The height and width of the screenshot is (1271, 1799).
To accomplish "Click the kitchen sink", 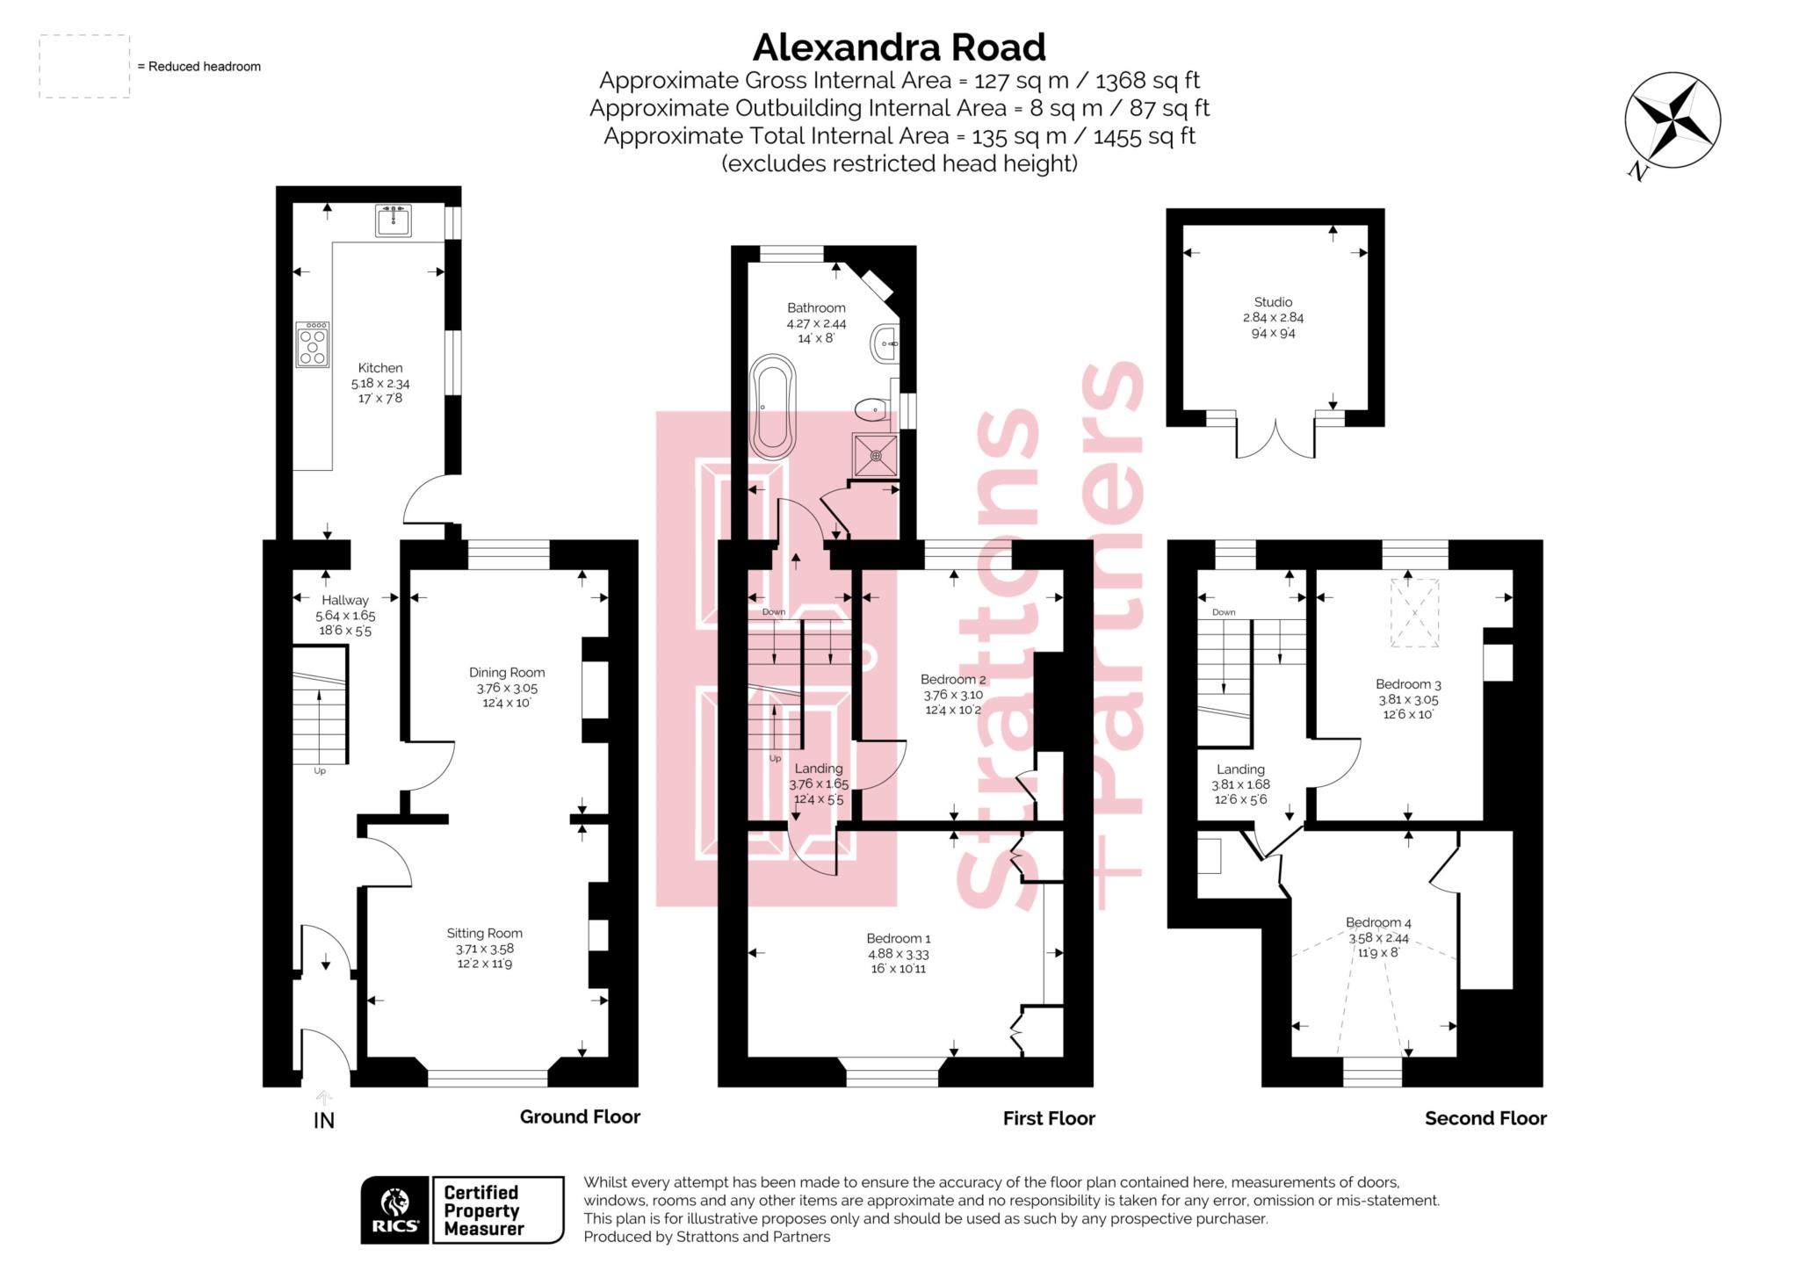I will tap(393, 220).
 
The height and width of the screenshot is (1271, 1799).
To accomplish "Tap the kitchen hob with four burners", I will tap(312, 343).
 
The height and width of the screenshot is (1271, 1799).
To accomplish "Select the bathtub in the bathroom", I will tap(772, 407).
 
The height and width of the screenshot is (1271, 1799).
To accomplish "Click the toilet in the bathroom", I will tap(871, 408).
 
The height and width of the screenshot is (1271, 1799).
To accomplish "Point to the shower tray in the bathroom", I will tap(876, 455).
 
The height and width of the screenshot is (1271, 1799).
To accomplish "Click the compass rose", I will tap(1672, 121).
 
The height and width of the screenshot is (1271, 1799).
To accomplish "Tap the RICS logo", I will tap(395, 1210).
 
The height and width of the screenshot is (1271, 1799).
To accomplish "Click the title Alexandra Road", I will tap(899, 47).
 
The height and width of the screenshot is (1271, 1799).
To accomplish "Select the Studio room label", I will tap(1273, 302).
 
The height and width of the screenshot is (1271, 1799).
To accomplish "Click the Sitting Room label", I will tap(484, 933).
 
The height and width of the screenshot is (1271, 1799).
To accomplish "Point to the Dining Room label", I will tap(507, 673).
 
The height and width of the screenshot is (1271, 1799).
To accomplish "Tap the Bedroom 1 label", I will tap(898, 938).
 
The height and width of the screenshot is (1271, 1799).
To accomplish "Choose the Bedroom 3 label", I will tap(1408, 684).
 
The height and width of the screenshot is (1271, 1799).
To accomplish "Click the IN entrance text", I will tap(324, 1121).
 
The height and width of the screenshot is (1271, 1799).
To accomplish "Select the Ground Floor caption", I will tap(580, 1116).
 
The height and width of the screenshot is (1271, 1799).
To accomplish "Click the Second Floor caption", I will tap(1485, 1118).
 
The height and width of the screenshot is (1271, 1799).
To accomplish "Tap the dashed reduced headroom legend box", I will tap(84, 67).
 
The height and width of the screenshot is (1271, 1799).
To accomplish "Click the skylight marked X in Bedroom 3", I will tap(1414, 612).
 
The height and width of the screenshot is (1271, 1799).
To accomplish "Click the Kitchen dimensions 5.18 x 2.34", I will tap(380, 384).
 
